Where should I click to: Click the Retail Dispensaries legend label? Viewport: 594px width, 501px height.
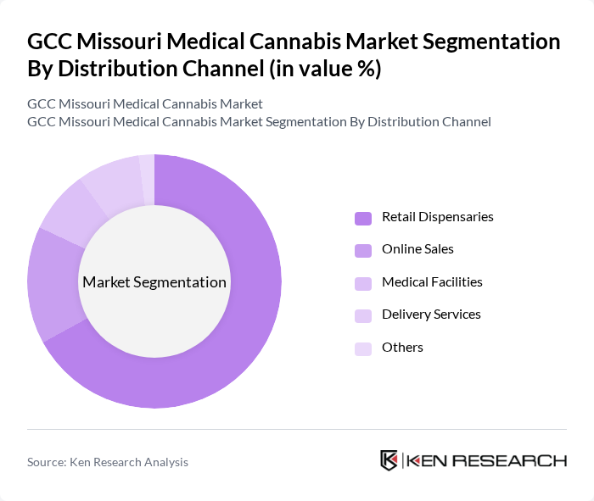click(437, 217)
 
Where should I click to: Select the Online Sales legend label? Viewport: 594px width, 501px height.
click(417, 249)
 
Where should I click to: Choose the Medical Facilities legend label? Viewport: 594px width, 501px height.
click(432, 281)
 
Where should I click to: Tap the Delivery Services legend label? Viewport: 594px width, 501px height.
click(431, 315)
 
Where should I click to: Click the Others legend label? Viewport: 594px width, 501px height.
click(402, 347)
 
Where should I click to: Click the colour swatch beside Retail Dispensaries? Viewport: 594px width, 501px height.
click(363, 218)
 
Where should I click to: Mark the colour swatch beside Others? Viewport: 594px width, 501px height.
click(363, 348)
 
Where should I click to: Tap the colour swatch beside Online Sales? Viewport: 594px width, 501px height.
click(363, 250)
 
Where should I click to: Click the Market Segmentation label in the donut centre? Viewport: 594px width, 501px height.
click(154, 282)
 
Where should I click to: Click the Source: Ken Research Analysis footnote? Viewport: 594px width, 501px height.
click(108, 462)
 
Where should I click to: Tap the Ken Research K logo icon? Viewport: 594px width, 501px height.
click(389, 460)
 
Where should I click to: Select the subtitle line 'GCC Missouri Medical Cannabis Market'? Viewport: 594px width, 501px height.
click(145, 103)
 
